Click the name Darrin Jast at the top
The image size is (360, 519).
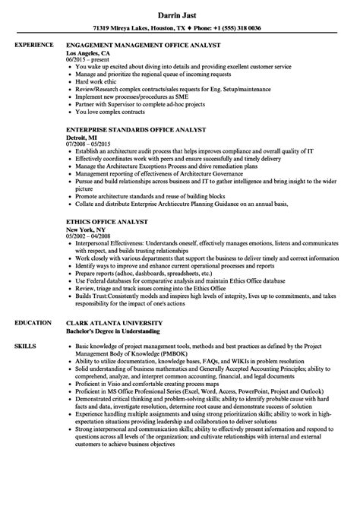click(x=179, y=13)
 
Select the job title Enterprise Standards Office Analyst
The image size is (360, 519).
click(x=137, y=109)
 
